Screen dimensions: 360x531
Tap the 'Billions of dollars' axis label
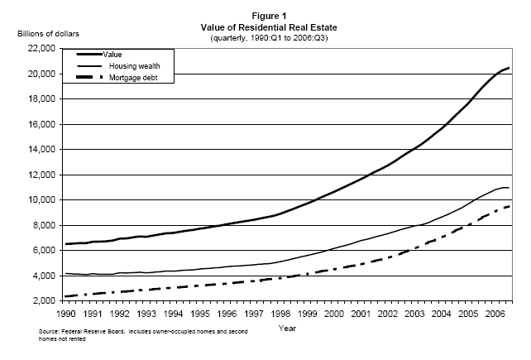coord(45,34)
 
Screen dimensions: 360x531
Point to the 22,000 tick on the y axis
coord(41,49)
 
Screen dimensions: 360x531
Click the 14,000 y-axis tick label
coord(41,150)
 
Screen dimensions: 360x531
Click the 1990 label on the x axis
coord(69,314)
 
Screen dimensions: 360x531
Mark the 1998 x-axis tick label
coord(280,314)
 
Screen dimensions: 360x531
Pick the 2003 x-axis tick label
coord(412,314)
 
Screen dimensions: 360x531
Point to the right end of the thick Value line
coord(509,68)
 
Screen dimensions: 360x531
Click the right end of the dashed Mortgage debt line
coord(508,206)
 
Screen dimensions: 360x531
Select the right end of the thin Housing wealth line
coord(509,188)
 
